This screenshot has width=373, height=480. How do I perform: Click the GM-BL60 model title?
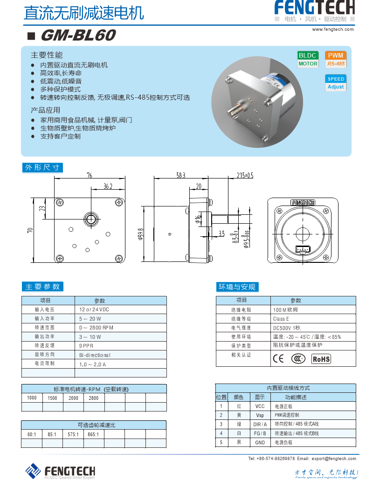tap(77, 35)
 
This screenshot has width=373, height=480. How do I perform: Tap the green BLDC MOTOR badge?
tap(308, 59)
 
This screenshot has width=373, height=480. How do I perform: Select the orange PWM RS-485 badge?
tap(336, 59)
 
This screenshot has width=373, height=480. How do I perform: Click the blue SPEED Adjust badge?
tap(336, 83)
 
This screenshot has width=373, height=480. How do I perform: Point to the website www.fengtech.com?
tap(332, 29)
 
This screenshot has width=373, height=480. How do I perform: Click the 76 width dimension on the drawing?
tap(89, 175)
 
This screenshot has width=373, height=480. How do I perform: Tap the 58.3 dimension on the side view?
tap(180, 175)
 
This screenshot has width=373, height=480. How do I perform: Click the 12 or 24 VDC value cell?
tap(94, 309)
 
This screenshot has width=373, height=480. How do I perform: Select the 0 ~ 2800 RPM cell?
tap(97, 328)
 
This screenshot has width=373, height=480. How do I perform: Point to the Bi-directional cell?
tap(95, 355)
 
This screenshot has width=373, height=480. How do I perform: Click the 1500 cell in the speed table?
tap(53, 398)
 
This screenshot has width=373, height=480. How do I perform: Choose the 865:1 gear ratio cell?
tap(93, 434)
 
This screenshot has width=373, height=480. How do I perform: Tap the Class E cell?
tap(281, 319)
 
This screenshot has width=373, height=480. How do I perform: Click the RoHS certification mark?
tap(321, 358)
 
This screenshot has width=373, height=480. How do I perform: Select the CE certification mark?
tap(278, 358)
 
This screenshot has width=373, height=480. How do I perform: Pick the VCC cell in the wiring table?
tap(260, 406)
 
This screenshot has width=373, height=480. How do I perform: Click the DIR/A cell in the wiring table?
tap(260, 425)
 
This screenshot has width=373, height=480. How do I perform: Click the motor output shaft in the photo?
tap(234, 111)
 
